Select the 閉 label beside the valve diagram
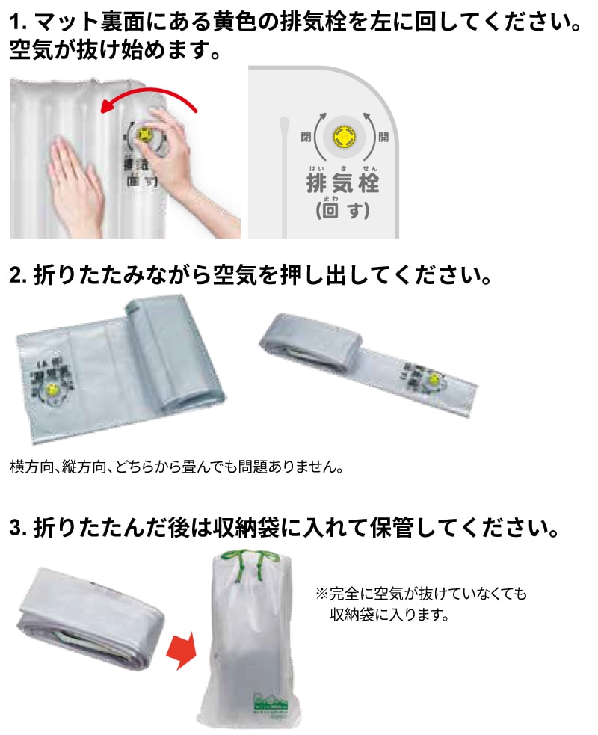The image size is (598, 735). [305, 137]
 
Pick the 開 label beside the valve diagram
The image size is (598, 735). [383, 137]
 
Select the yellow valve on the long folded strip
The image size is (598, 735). [432, 381]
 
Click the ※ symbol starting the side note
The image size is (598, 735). [322, 594]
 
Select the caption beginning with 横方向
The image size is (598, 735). [176, 468]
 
